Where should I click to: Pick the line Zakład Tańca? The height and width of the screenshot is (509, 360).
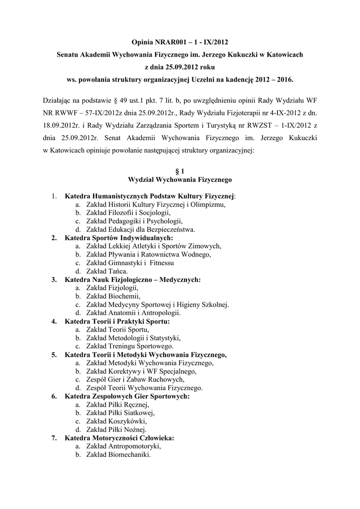click(106, 271)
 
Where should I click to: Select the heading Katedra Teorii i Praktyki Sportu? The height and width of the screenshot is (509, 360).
click(121, 322)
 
